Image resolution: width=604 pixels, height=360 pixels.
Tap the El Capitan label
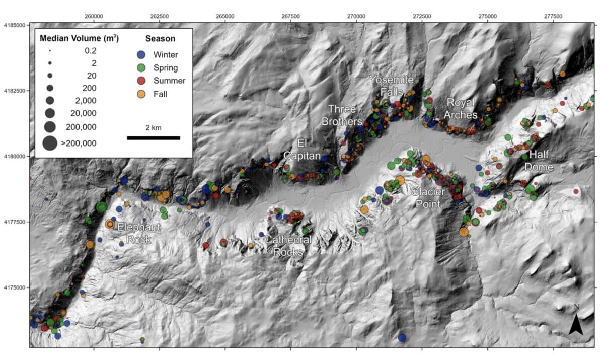(302, 150)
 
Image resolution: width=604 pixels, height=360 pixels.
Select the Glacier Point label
(427, 197)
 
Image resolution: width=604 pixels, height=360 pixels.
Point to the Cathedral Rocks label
(288, 246)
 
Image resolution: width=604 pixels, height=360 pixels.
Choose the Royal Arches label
(461, 109)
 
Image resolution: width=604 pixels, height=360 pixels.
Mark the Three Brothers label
(345, 115)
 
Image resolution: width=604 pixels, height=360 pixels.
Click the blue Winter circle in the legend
(142, 55)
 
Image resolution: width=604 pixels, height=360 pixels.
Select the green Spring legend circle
(142, 67)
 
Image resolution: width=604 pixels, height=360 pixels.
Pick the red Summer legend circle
(142, 81)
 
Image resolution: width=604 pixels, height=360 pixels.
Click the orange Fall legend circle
(142, 94)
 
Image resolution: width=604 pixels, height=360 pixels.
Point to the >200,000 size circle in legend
(50, 143)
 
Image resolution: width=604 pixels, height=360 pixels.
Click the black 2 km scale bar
(153, 137)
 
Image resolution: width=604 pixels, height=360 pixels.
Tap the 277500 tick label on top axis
(553, 16)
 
